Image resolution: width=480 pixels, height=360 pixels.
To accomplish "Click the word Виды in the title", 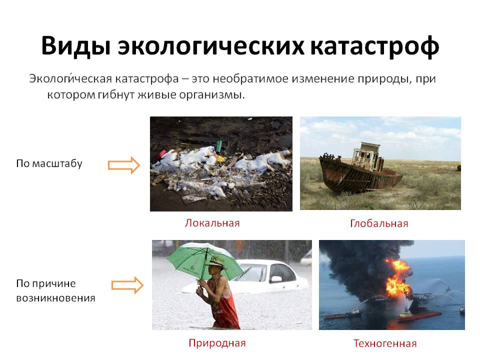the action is click(x=76, y=46).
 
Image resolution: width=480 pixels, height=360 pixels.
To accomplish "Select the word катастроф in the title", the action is click(x=374, y=46).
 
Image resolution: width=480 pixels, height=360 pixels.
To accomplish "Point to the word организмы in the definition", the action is click(x=212, y=95).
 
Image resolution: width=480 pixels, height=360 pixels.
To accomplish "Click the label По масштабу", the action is click(x=49, y=163).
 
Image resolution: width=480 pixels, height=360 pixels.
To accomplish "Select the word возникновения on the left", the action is click(x=55, y=298).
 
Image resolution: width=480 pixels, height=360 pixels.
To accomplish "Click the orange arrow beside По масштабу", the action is click(x=124, y=165).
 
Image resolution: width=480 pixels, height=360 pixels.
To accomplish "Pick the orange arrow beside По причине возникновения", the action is click(x=127, y=285).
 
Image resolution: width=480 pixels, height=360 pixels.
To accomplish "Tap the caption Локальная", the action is click(x=212, y=223).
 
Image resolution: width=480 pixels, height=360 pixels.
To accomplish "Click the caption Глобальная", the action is click(x=379, y=223).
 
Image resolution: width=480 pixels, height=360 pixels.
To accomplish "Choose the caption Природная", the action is click(x=217, y=343).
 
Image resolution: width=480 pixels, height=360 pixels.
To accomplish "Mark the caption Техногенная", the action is click(x=385, y=343).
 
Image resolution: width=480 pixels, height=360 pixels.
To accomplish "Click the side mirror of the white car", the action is click(x=276, y=279).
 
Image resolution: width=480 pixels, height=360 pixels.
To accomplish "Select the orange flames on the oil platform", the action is click(x=398, y=277).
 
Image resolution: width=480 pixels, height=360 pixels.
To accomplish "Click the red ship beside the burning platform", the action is click(x=419, y=315).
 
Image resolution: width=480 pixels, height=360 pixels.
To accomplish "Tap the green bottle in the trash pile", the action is click(x=219, y=146).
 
